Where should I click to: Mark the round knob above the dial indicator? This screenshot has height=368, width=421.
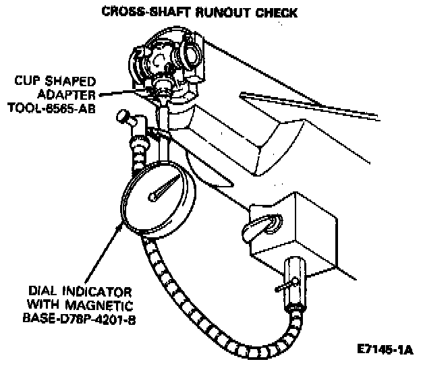pyautogui.click(x=123, y=117)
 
